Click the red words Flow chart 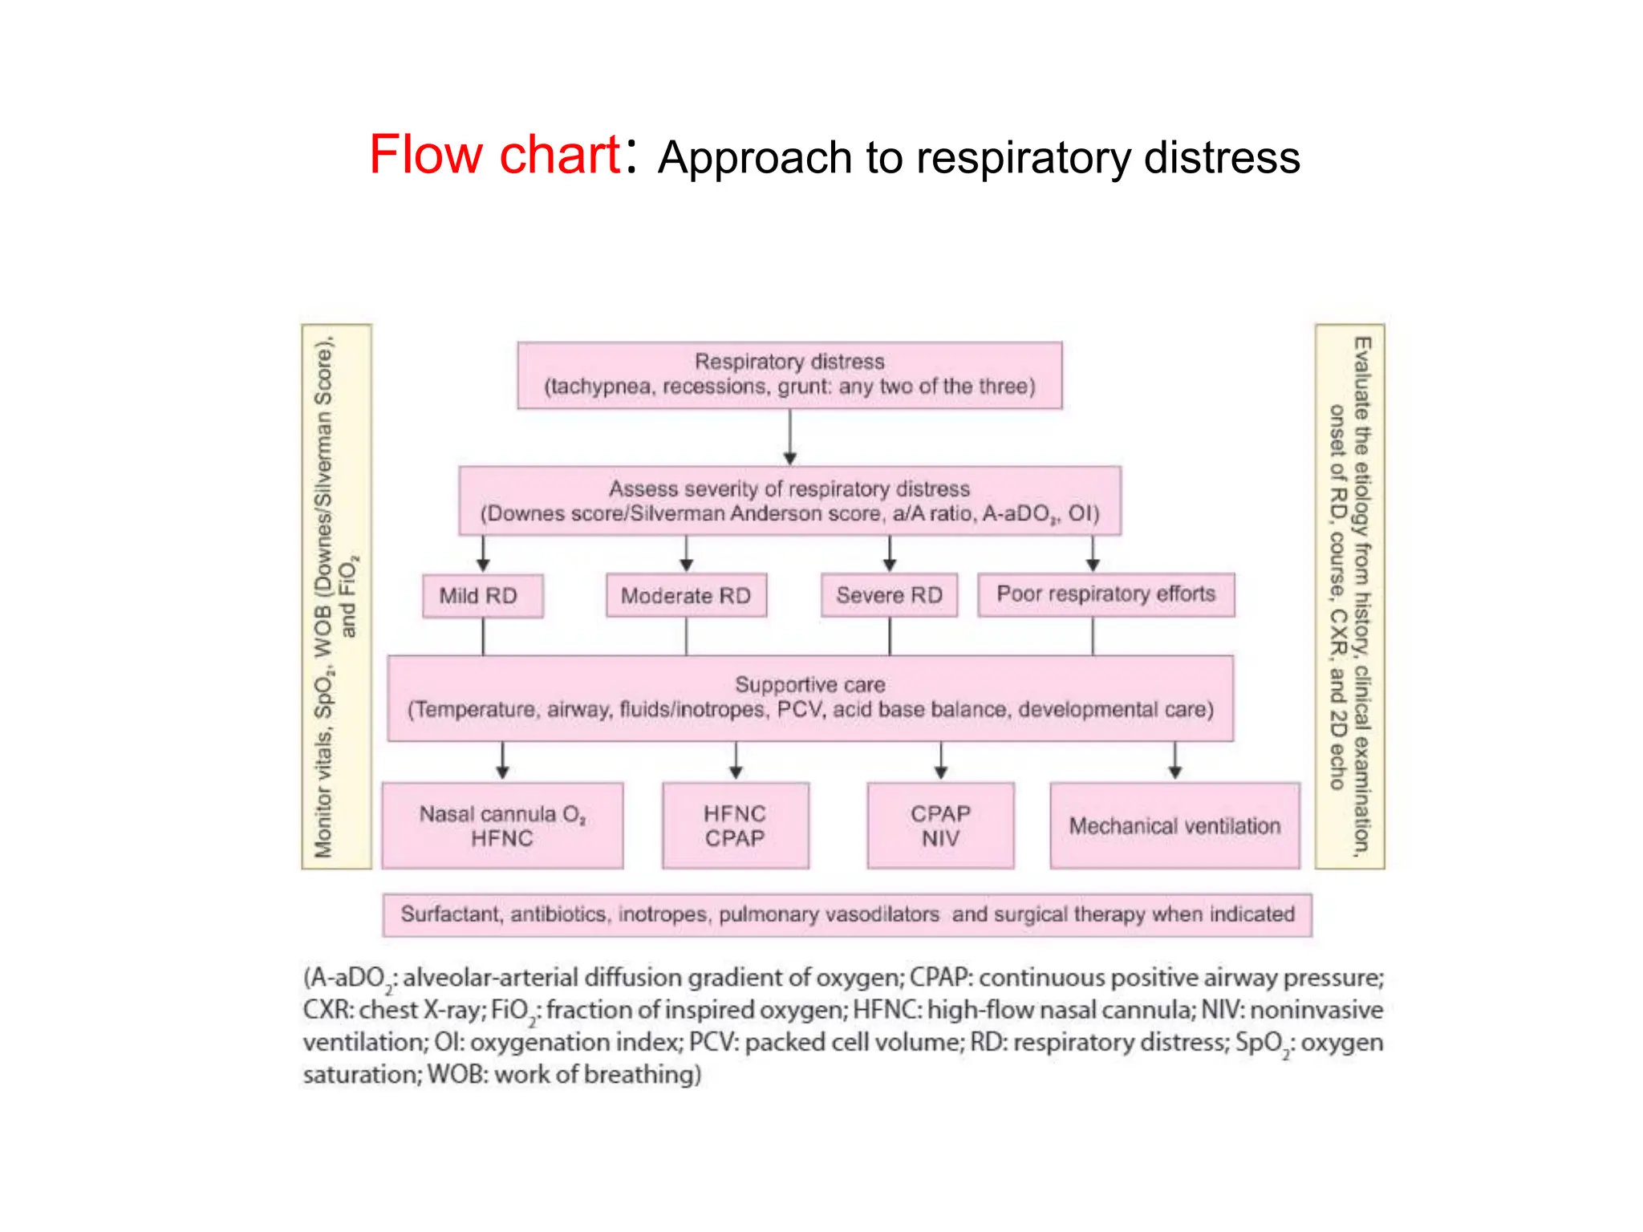[x=494, y=154]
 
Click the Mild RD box [x=482, y=596]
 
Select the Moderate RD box [x=686, y=595]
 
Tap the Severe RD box [x=889, y=595]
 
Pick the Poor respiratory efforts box [x=1105, y=594]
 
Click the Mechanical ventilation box [x=1174, y=826]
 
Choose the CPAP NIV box [x=940, y=826]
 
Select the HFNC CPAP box [x=735, y=826]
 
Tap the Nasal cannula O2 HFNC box [x=502, y=826]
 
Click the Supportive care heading [x=810, y=684]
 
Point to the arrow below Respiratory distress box [x=790, y=438]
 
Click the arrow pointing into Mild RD [x=483, y=554]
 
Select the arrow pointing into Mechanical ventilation [x=1174, y=760]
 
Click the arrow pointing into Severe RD [x=889, y=554]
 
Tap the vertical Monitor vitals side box [x=336, y=596]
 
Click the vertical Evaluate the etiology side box [x=1350, y=596]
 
